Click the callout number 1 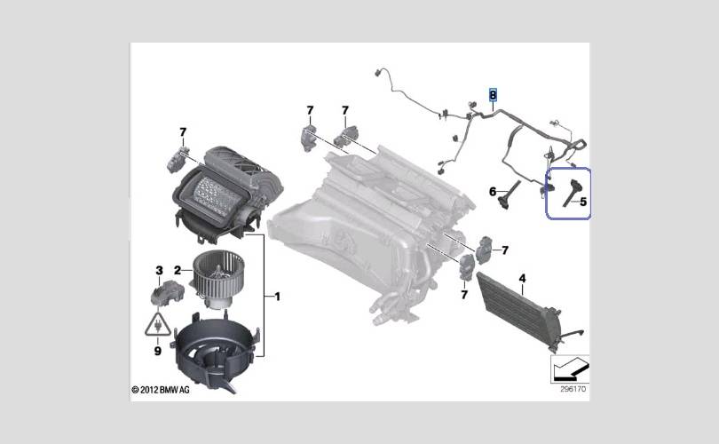(277, 295)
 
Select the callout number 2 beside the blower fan (178, 270)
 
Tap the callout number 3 (159, 270)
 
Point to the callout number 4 (523, 279)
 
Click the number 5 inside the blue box (583, 202)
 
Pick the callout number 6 (493, 191)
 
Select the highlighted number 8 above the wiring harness (494, 93)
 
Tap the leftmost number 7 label (183, 132)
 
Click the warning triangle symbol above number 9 (157, 325)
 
